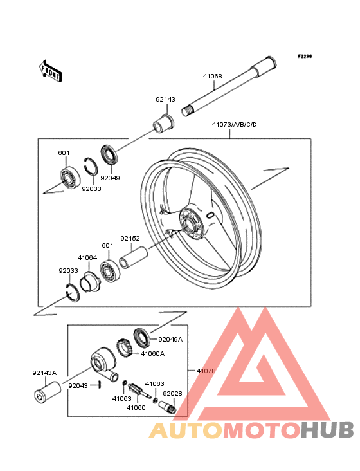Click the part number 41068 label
212,77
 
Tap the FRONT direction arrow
50,71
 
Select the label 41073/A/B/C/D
234,124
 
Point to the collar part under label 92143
164,123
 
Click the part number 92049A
170,340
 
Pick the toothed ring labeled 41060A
125,347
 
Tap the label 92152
130,239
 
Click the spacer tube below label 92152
134,257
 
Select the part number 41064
87,258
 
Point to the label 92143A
44,373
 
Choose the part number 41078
206,371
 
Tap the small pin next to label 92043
99,385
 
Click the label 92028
172,394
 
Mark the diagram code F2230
305,56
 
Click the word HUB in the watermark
327,430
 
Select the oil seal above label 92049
109,155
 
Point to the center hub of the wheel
191,225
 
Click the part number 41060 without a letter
136,407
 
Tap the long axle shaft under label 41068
229,86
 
